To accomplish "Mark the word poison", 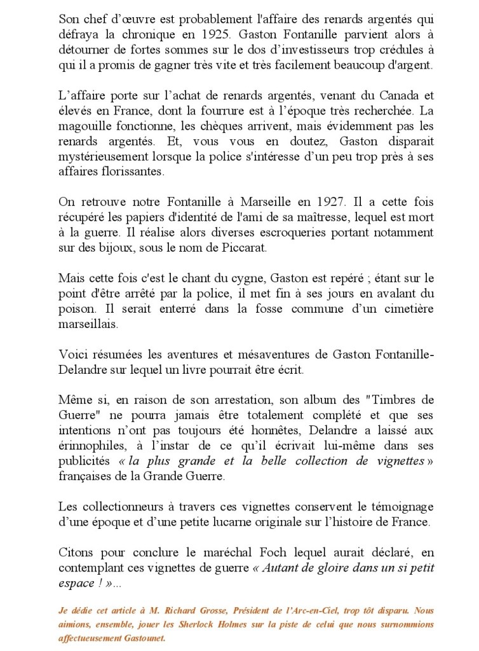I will (x=75, y=308).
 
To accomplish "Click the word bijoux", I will (x=103, y=247).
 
